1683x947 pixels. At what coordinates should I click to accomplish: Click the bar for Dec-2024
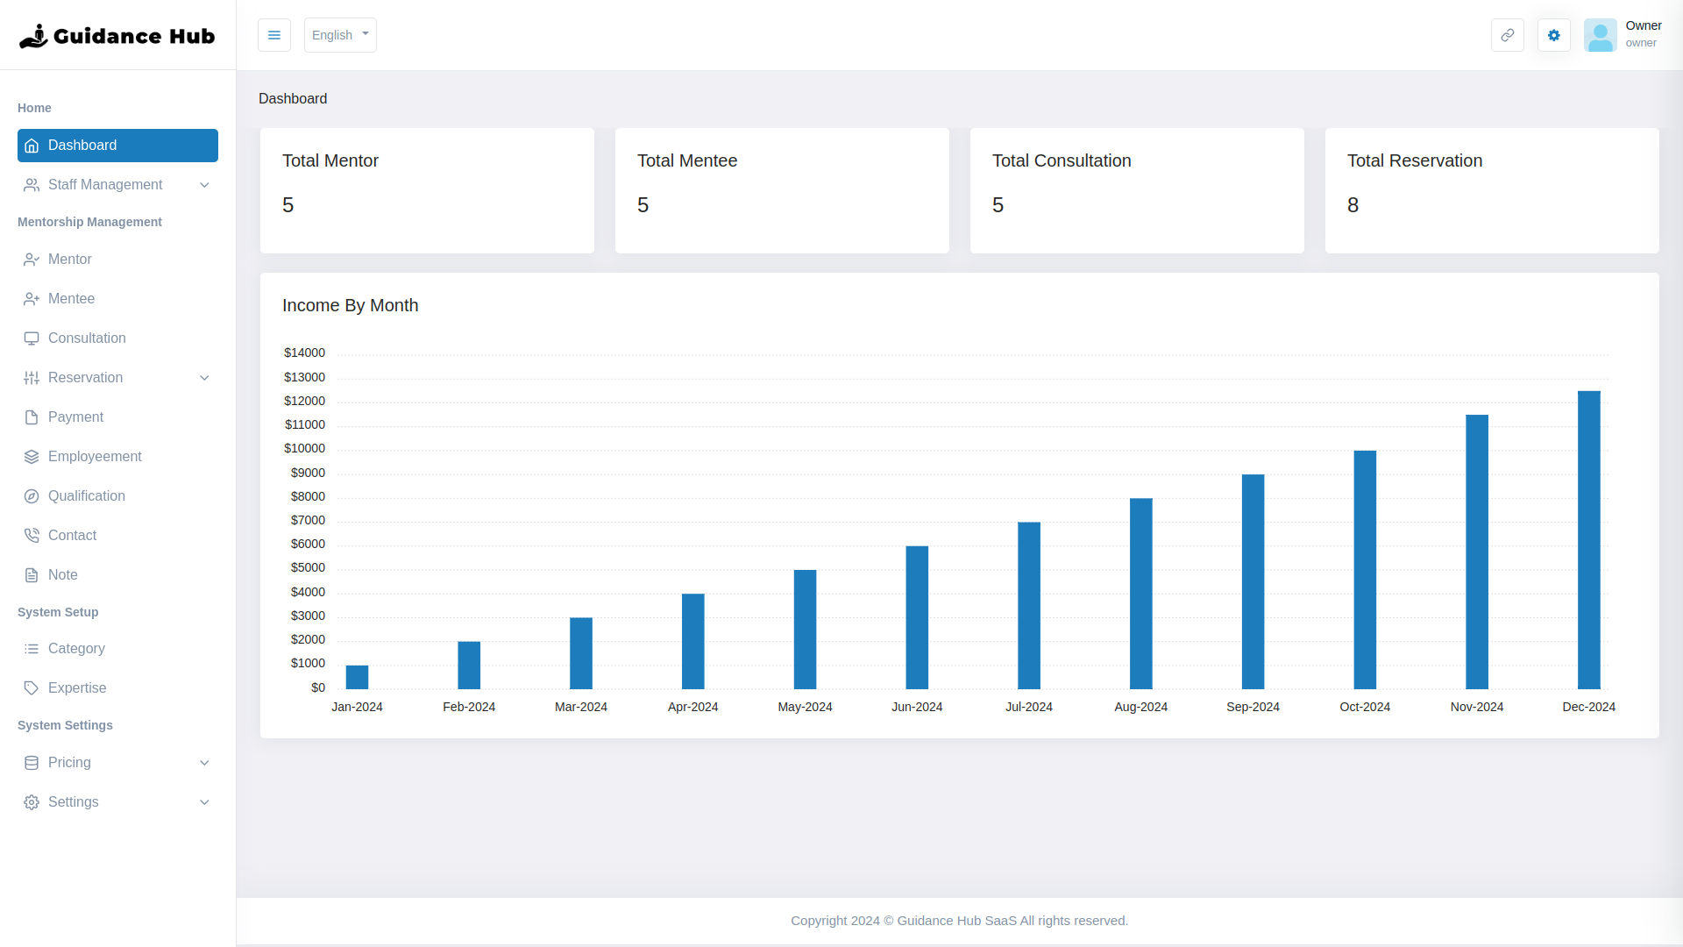point(1588,539)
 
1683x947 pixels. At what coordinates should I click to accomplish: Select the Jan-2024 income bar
point(357,677)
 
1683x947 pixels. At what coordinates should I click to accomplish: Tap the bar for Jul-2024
point(1029,605)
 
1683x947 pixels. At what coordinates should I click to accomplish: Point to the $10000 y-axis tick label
point(304,448)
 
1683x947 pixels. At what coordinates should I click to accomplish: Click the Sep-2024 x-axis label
point(1253,707)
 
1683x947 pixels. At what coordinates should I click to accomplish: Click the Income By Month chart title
point(350,305)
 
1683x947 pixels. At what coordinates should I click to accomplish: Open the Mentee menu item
point(71,298)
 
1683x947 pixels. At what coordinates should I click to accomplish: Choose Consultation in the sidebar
point(87,338)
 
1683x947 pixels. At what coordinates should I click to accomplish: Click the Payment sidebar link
point(75,417)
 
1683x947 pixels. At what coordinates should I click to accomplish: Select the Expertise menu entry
point(77,687)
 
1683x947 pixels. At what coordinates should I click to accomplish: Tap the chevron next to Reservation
point(204,378)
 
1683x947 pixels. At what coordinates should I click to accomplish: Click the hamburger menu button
point(274,35)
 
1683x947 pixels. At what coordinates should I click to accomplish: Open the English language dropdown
point(340,35)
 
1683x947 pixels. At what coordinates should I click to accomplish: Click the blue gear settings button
point(1553,35)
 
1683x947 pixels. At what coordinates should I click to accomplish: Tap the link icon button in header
point(1507,35)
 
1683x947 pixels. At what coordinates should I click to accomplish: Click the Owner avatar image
point(1600,35)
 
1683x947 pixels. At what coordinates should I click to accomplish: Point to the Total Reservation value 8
point(1353,205)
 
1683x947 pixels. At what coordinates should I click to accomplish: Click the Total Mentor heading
point(330,160)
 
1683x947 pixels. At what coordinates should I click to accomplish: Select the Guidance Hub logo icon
point(33,36)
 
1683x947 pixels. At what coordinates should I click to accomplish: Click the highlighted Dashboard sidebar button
point(117,146)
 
